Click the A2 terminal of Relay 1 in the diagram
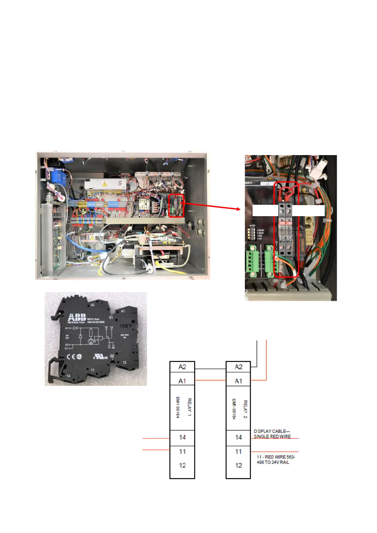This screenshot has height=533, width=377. (182, 367)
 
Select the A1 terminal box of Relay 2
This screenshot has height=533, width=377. (238, 381)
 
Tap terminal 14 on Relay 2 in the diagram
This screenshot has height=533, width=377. (238, 437)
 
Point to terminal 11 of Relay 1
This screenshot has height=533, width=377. (182, 452)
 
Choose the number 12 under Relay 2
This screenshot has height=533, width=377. (238, 466)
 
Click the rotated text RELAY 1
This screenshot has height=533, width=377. (189, 407)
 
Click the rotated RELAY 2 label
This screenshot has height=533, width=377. (245, 409)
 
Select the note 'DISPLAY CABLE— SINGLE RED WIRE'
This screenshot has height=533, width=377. (272, 434)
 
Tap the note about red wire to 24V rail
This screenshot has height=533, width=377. (275, 460)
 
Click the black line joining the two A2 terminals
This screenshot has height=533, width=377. (210, 369)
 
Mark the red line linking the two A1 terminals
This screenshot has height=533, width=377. (210, 380)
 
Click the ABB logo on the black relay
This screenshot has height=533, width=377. (77, 317)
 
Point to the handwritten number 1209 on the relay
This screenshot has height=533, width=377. (126, 326)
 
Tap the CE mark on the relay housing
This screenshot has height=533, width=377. (71, 357)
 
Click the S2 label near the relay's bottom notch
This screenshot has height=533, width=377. (112, 356)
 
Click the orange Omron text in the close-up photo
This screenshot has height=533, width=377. (302, 244)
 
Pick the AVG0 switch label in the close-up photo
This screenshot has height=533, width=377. (261, 230)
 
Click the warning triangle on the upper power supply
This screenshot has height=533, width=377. (104, 184)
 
